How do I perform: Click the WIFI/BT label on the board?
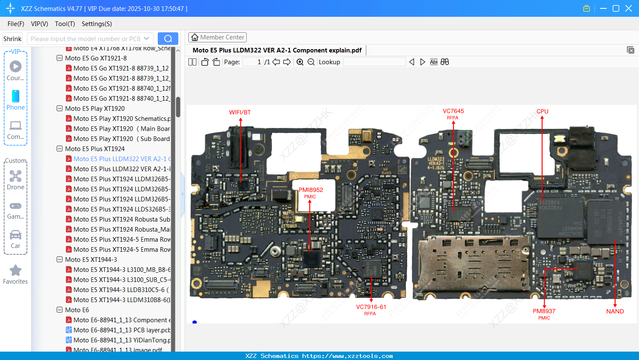(240, 112)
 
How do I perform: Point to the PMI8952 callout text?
(311, 190)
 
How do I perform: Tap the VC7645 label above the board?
(453, 111)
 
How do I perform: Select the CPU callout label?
(542, 112)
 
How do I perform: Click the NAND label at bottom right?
(615, 311)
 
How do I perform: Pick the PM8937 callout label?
(544, 311)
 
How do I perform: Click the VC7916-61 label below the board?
(371, 307)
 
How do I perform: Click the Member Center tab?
(217, 37)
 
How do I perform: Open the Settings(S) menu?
(97, 24)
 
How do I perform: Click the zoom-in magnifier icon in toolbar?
(300, 62)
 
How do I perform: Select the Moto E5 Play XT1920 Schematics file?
(122, 119)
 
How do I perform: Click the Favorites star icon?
(16, 271)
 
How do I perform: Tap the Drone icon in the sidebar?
(16, 176)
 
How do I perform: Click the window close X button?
(628, 8)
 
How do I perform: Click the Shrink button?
(13, 39)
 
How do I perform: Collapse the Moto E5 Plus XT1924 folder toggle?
(60, 149)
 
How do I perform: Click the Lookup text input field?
(374, 62)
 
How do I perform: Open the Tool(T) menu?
(65, 24)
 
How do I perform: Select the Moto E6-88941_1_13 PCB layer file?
(122, 330)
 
